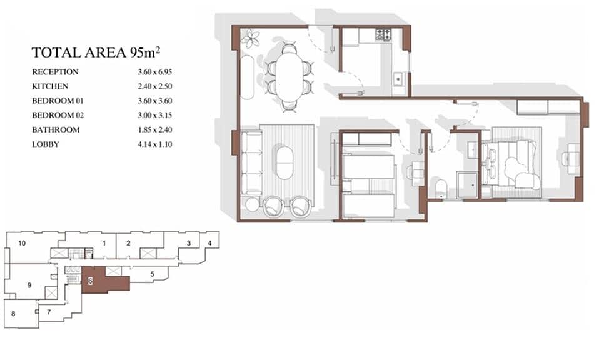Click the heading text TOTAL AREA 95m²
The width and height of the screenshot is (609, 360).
96,52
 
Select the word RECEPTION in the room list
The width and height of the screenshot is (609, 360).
55,72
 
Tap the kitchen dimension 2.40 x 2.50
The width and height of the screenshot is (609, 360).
154,86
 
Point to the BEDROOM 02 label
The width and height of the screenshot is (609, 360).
58,116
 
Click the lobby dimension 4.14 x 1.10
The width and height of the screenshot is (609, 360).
154,144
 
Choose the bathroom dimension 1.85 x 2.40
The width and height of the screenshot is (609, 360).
154,130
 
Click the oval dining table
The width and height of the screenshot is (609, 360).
289,76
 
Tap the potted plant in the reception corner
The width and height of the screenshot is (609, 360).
251,39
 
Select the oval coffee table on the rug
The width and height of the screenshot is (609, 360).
284,162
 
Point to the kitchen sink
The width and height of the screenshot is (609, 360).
398,79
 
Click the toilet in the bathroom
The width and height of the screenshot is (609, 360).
441,189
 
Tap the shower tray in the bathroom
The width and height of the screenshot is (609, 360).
467,185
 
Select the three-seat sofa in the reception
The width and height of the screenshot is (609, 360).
251,162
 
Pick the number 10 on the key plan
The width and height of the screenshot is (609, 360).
22,243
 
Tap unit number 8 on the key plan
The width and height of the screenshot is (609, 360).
13,313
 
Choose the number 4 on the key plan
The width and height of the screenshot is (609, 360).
209,243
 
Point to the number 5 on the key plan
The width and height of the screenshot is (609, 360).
153,274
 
